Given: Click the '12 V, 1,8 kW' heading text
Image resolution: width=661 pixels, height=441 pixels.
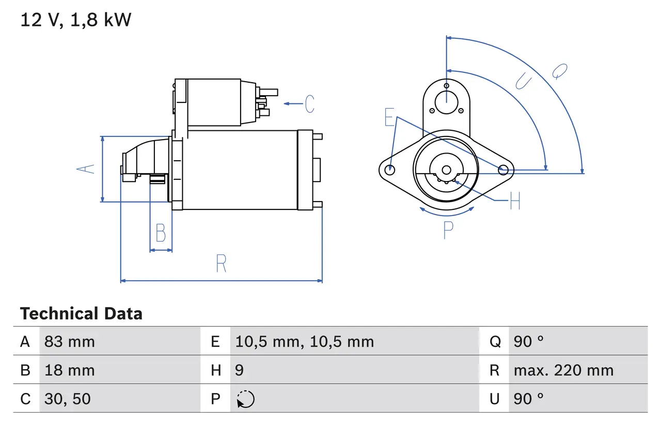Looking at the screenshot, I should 76,20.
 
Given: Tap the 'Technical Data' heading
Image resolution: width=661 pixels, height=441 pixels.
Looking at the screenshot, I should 81,314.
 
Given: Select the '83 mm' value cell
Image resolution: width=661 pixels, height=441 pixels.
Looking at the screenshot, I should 70,341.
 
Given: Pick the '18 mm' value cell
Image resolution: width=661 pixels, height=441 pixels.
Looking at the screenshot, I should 70,370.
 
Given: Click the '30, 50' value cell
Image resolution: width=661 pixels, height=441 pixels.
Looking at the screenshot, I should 67,399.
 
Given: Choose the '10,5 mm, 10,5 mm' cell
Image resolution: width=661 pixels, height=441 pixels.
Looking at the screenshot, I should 304,341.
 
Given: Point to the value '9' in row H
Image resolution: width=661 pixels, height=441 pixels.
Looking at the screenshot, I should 240,370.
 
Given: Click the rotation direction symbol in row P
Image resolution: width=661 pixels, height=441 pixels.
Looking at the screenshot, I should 245,399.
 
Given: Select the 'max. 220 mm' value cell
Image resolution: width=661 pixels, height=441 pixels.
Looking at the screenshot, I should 563,370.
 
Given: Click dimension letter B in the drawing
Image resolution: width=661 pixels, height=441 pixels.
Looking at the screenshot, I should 161,233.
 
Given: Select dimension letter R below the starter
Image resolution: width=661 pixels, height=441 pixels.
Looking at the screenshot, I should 221,264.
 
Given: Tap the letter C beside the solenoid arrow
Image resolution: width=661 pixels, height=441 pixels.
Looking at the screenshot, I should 309,104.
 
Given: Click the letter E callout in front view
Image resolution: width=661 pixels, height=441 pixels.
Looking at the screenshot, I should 389,118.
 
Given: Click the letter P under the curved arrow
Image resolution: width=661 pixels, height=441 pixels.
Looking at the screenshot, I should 448,230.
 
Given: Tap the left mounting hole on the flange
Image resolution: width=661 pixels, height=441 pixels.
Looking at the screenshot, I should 390,169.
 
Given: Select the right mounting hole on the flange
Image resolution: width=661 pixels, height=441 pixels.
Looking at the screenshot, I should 502,169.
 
